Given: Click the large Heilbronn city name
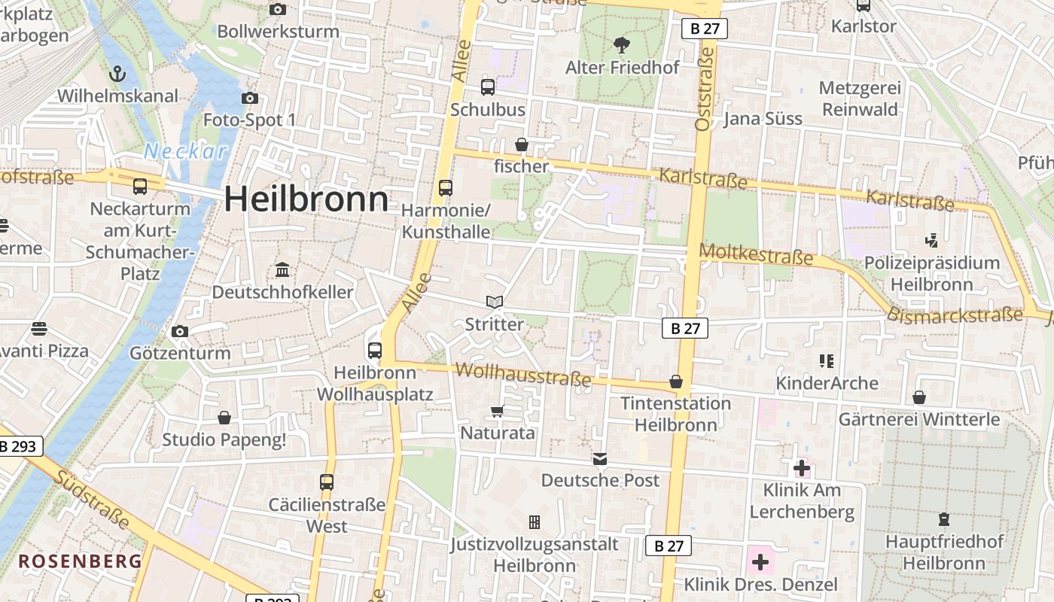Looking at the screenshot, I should click(306, 199).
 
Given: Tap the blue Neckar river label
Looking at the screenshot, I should click(185, 151).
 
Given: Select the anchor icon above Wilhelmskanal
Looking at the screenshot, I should click(117, 74).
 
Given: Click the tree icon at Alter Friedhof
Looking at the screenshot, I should click(622, 45).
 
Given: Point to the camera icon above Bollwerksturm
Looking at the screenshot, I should click(278, 10).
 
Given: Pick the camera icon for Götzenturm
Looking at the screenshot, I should click(179, 331).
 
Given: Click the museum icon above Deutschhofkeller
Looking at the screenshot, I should click(282, 269).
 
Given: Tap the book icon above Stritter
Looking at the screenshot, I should click(494, 303).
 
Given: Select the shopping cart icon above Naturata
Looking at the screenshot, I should click(497, 411).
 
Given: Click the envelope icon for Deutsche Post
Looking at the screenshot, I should click(600, 458).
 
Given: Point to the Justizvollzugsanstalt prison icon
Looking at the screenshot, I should click(535, 521).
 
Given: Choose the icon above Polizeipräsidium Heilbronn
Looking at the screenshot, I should click(932, 240).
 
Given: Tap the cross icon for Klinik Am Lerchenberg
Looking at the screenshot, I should click(802, 468).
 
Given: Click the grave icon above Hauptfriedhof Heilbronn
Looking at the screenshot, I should click(944, 519).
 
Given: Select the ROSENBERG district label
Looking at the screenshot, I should click(80, 561).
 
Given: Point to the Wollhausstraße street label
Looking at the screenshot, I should click(523, 374).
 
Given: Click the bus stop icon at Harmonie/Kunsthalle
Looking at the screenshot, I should click(446, 187).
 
